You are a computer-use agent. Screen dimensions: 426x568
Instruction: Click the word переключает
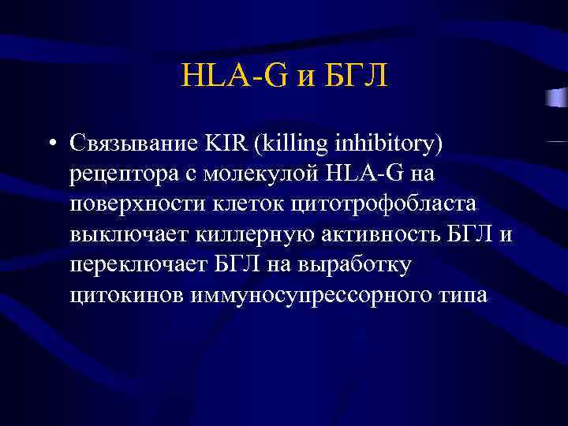[x=131, y=264]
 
